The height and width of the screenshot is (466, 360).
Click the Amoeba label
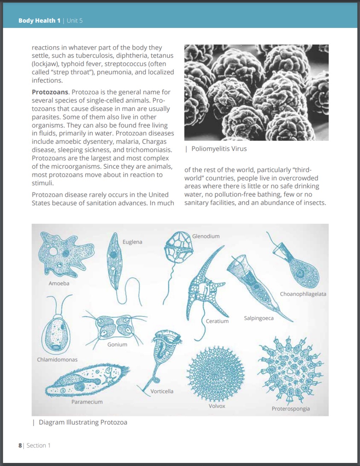click(x=59, y=283)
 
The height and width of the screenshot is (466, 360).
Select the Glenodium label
click(x=206, y=236)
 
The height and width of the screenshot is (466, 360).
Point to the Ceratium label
click(x=217, y=321)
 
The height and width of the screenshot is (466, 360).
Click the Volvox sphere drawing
click(x=216, y=374)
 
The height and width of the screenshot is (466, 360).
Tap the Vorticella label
click(x=162, y=391)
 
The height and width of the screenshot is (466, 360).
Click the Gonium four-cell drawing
click(x=114, y=326)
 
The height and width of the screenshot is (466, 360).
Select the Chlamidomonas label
click(x=57, y=359)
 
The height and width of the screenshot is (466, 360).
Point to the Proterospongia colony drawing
click(x=291, y=370)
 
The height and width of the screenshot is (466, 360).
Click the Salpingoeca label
click(x=258, y=318)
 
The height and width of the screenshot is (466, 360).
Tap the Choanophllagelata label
click(x=303, y=294)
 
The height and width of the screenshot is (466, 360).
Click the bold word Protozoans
click(x=50, y=92)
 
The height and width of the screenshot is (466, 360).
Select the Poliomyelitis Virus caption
click(x=219, y=149)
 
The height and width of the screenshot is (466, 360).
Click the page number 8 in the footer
click(x=20, y=445)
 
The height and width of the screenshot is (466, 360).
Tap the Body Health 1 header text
click(x=39, y=21)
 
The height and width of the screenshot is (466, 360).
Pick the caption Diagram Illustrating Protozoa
click(x=83, y=422)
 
